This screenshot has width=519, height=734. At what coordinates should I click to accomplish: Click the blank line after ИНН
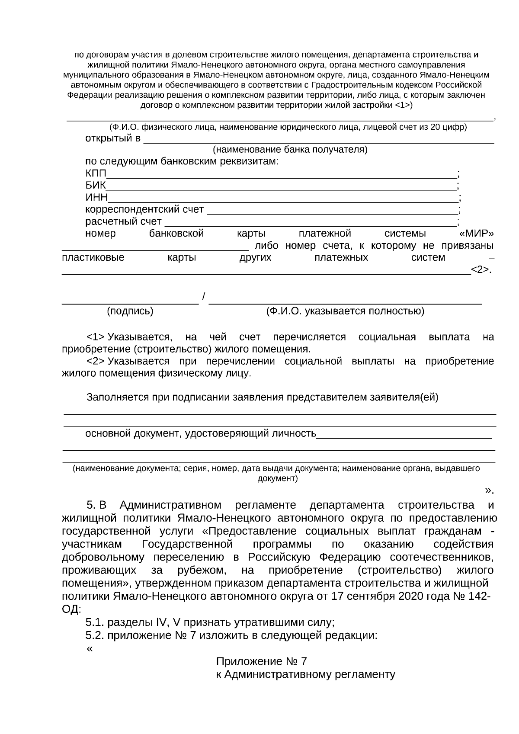283,201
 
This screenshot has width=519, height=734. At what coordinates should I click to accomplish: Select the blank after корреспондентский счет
332,213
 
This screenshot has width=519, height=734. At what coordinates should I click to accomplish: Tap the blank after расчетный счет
311,225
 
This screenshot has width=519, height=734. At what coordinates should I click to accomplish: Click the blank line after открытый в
318,142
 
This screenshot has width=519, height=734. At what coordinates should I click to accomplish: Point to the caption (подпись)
130,311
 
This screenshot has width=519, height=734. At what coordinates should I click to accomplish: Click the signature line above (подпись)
130,304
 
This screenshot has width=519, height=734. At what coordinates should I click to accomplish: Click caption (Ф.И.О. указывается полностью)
345,311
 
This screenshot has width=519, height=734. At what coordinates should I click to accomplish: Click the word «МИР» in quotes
476,234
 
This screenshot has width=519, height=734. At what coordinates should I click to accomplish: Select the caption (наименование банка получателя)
290,150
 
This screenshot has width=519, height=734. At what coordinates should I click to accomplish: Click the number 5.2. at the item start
95,635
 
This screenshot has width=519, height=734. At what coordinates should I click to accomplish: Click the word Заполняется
115,397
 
